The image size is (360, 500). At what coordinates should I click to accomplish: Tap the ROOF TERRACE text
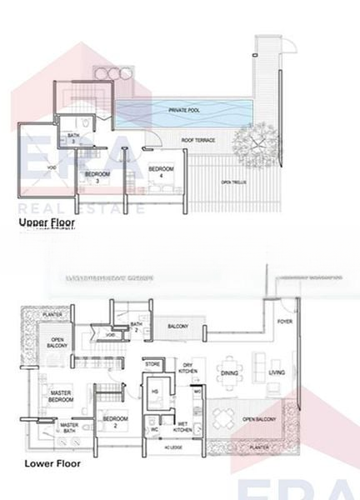[199, 140]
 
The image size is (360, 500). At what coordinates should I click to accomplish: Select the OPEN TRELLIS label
[232, 182]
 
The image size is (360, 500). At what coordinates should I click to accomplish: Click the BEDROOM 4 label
[161, 172]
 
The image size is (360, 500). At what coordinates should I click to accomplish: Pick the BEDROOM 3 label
[98, 177]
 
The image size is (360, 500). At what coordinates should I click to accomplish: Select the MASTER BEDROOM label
[60, 396]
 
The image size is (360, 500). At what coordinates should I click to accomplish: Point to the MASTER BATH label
[69, 428]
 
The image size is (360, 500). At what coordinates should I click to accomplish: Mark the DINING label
[230, 373]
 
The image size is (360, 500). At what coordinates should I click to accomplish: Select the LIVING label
[277, 373]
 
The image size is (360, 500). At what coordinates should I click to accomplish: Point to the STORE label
[152, 363]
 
